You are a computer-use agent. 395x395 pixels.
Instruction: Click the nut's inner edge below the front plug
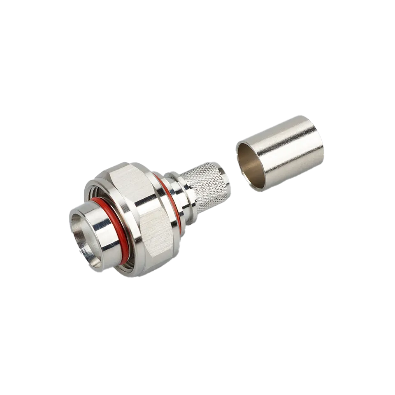(x=119, y=263)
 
